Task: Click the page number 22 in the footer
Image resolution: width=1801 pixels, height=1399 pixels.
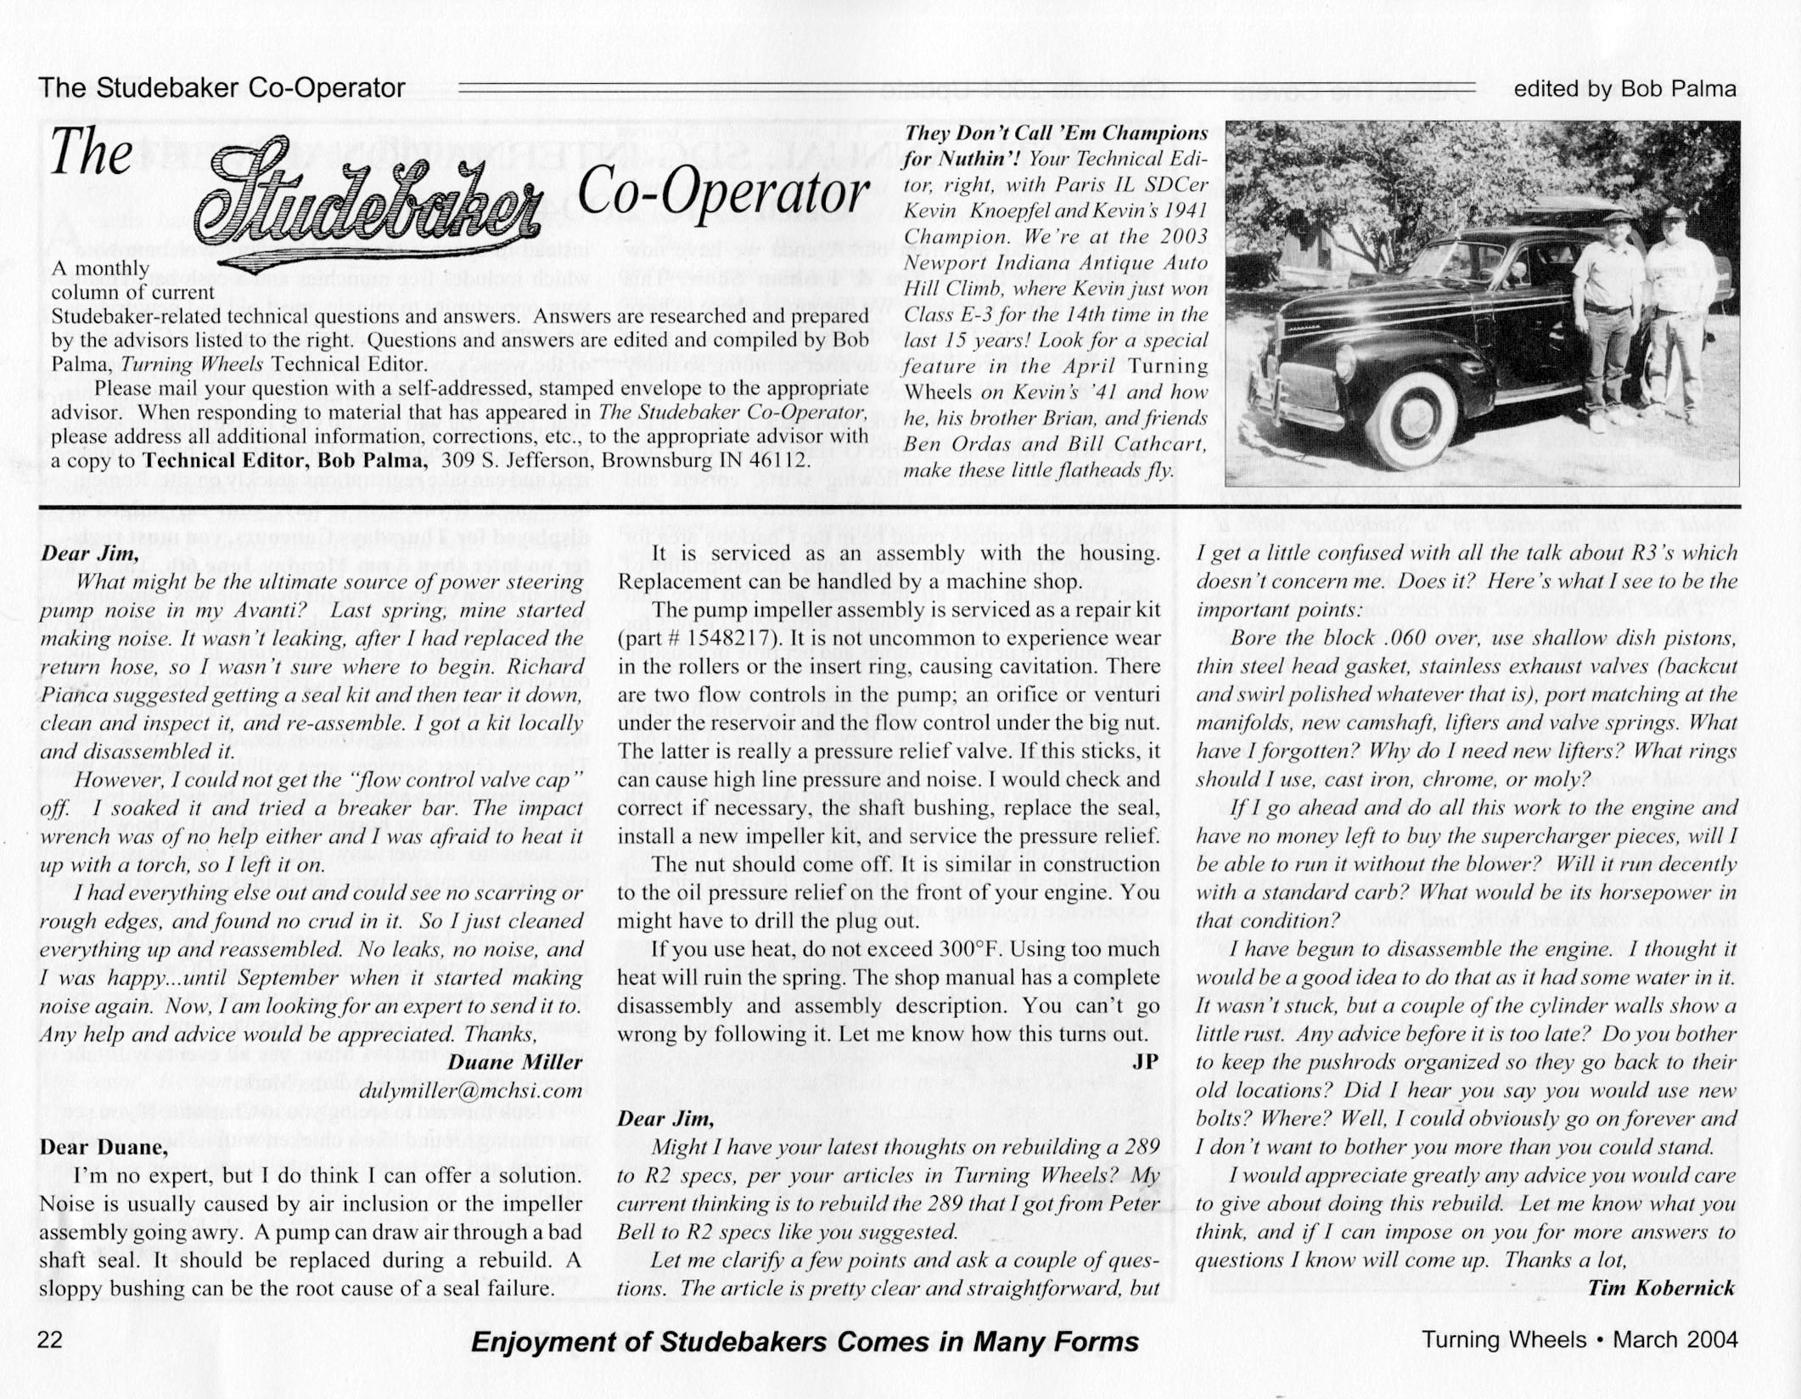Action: [51, 1339]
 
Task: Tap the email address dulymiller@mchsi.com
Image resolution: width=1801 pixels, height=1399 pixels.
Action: [471, 1091]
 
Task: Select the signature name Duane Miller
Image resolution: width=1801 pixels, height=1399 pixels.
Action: [514, 1062]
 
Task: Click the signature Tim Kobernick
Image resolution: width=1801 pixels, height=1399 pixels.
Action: [1661, 1288]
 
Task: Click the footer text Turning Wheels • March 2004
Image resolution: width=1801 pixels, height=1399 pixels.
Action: [1579, 1340]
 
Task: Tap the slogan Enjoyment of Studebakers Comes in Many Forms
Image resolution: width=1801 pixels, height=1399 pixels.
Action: [804, 1342]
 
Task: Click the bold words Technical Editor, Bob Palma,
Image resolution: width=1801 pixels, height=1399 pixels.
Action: [285, 460]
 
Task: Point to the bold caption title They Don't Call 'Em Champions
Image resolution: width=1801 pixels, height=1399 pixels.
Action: [1056, 133]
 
